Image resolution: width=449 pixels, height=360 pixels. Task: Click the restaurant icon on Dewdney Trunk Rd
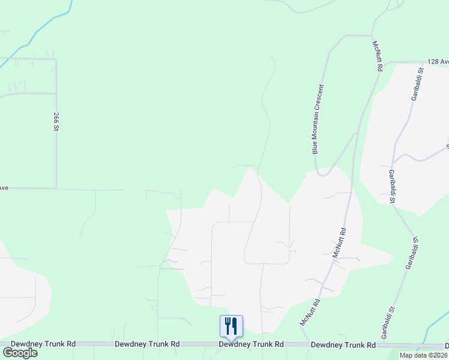tap(231, 326)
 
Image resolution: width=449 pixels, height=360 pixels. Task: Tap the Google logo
tap(20, 352)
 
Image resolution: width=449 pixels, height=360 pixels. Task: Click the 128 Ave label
tap(438, 62)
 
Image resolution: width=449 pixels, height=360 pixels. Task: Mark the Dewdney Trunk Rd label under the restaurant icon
tap(251, 344)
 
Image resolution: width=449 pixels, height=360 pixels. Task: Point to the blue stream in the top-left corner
tap(45, 24)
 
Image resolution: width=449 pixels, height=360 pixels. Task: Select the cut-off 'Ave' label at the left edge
tap(4, 188)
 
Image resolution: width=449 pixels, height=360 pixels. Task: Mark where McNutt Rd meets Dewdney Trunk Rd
tap(298, 344)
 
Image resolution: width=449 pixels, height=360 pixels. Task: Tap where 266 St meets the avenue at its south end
tap(56, 188)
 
